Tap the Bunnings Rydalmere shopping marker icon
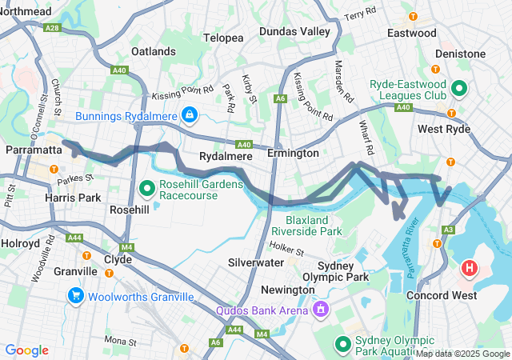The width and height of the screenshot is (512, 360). point(189,116)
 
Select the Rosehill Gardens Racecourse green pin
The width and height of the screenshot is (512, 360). point(147,189)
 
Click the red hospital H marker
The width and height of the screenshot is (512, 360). point(470,267)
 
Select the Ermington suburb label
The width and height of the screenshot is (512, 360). point(293,153)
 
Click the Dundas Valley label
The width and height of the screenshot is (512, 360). point(294,31)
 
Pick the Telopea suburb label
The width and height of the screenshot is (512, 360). point(223,38)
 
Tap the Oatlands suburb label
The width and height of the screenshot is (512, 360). point(153,51)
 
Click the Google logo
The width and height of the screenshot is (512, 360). point(26,350)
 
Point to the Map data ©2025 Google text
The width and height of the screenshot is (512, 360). point(462,354)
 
